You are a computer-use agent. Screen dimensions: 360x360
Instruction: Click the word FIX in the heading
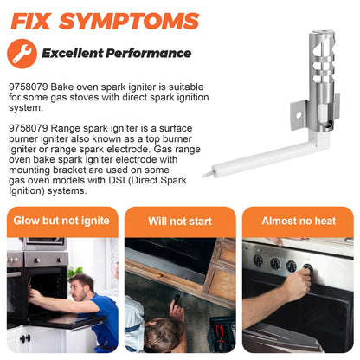(x=30, y=21)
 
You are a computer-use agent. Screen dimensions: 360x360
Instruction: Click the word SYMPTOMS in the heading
(x=129, y=21)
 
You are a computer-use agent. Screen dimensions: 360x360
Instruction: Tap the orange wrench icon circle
(x=22, y=54)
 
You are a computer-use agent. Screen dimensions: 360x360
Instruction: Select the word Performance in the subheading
(x=148, y=54)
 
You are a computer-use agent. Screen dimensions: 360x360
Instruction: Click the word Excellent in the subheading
(x=73, y=54)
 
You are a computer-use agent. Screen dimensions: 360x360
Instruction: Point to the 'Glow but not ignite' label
(x=61, y=221)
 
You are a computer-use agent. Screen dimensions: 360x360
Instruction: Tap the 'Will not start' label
(x=180, y=222)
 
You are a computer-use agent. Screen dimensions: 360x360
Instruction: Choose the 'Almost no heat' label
(x=299, y=221)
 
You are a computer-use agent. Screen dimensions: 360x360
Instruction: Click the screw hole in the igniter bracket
(x=299, y=115)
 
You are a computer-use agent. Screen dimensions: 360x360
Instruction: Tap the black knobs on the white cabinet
(x=25, y=338)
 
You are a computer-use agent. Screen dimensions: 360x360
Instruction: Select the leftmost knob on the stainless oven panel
(x=258, y=260)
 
